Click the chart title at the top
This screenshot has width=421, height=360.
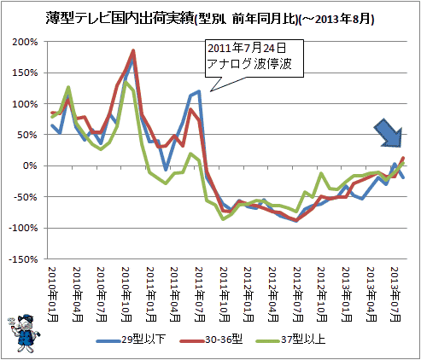coord(210,19)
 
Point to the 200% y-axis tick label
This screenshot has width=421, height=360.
coord(25,42)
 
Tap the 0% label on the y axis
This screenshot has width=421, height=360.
coord(30,165)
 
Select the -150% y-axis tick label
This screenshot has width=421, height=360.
coord(23,259)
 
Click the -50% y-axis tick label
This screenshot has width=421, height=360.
coord(26,197)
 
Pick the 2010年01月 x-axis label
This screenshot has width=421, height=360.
coord(52,294)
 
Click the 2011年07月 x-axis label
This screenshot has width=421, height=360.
coord(199,294)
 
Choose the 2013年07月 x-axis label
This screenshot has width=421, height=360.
coord(395,294)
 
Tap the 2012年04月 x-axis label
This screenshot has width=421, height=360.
coord(272,294)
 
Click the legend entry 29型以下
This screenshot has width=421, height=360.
coord(131,340)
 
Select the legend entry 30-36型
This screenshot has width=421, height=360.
coord(211,340)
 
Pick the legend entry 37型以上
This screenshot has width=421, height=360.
coord(290,340)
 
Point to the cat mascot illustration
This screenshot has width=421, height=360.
coord(24,334)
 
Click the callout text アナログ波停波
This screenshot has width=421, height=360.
coord(249,64)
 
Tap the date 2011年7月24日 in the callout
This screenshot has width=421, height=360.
coord(247,48)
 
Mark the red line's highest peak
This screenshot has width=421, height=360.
coord(133,51)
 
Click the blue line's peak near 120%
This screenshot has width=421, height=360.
coord(199,91)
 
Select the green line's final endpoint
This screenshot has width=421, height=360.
coord(403,163)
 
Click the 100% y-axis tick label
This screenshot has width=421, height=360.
coord(25,104)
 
